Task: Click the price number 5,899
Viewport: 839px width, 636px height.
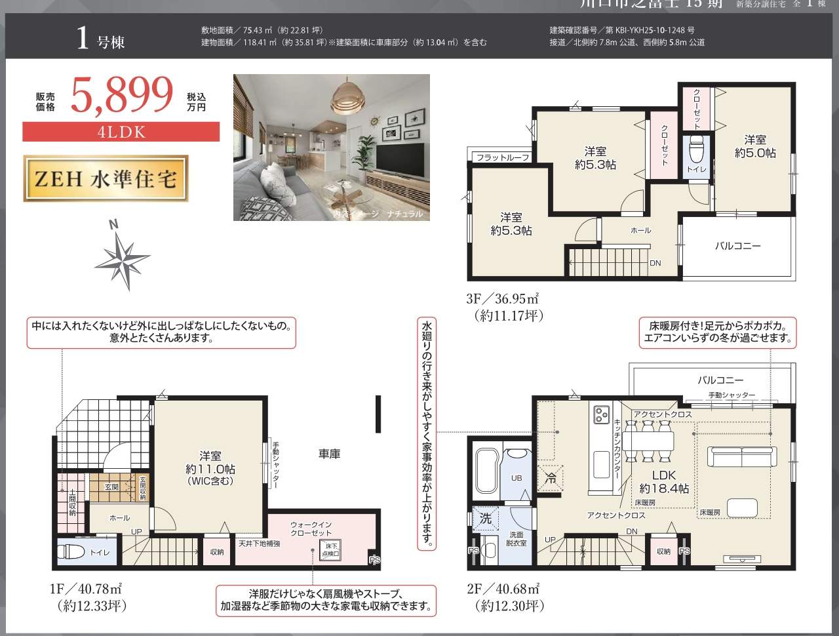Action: pyautogui.click(x=121, y=96)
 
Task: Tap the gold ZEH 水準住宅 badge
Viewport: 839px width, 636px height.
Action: pyautogui.click(x=106, y=178)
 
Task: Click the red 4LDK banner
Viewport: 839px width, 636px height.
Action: pyautogui.click(x=121, y=132)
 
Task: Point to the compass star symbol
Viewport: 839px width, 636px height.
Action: pyautogui.click(x=123, y=256)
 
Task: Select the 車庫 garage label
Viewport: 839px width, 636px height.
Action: pyautogui.click(x=329, y=454)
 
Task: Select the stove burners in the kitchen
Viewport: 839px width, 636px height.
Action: pyautogui.click(x=602, y=414)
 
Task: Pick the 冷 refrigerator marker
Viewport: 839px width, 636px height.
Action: pyautogui.click(x=551, y=479)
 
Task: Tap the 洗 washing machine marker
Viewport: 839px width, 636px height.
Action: pyautogui.click(x=485, y=518)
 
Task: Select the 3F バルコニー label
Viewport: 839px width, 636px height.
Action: pyautogui.click(x=737, y=246)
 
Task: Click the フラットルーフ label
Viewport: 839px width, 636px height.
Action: pyautogui.click(x=502, y=157)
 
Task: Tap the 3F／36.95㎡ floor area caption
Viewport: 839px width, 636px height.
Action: pyautogui.click(x=502, y=299)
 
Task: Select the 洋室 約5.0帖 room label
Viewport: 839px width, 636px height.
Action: pyautogui.click(x=755, y=146)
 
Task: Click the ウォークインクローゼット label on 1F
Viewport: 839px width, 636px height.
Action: pyautogui.click(x=311, y=529)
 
